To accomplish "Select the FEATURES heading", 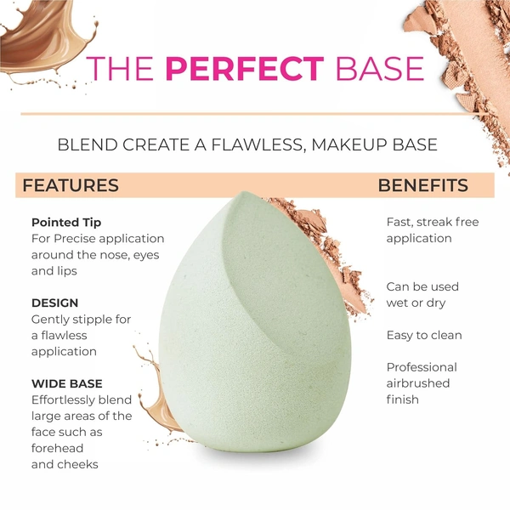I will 71,185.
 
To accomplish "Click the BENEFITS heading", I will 422,185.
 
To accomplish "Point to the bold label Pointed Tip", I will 66,223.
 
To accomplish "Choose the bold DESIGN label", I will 54,303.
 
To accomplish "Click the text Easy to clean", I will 424,335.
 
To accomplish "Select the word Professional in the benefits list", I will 422,367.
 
